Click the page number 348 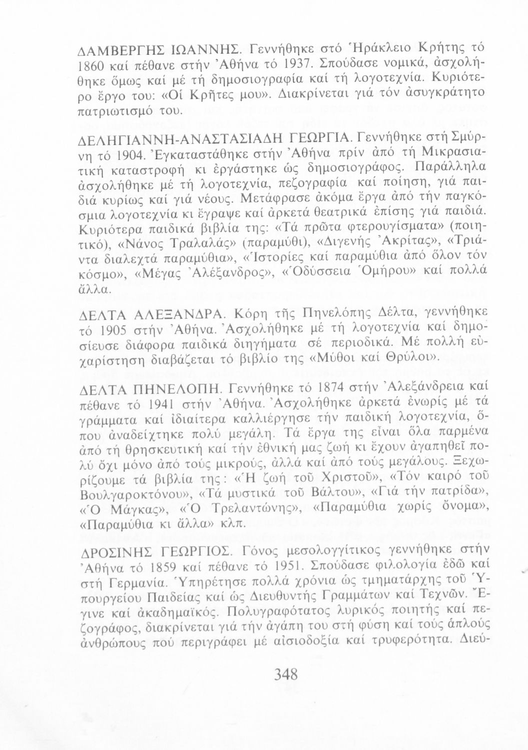[x=286, y=675]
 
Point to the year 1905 [x=120, y=330]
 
